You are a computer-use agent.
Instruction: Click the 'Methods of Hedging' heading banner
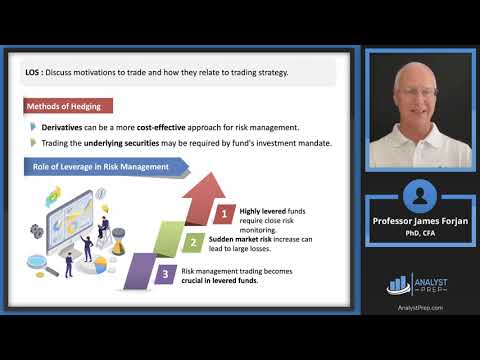pyautogui.click(x=69, y=106)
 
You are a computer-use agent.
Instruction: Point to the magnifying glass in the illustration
pyautogui.click(x=38, y=264)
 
